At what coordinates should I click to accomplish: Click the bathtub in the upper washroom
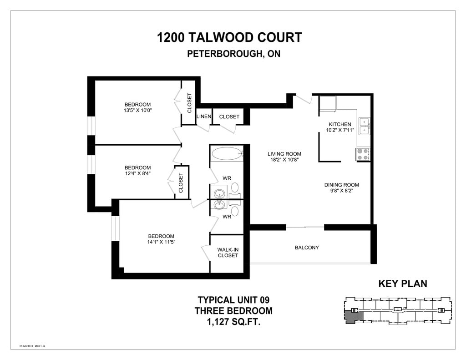coord(227,153)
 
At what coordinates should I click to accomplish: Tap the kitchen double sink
coord(364,126)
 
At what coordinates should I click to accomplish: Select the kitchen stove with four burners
coord(363,154)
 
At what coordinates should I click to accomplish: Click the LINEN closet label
coord(204,117)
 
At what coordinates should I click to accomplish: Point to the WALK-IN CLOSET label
coord(228,253)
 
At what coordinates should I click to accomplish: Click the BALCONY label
coord(307,248)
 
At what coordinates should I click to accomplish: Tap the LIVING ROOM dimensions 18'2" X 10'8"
coord(284,160)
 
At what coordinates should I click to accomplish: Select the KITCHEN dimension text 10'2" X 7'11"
coord(340,130)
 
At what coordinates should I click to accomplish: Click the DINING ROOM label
coord(341,185)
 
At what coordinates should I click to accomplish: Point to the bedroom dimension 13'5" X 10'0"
coord(138,110)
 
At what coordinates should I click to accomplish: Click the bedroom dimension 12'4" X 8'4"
coord(138,173)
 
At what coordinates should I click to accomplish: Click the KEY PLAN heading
coord(403,284)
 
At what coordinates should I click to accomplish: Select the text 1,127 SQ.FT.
coord(233,322)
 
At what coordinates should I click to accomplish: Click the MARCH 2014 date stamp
coord(32,346)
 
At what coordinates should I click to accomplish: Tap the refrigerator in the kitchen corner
coord(328,103)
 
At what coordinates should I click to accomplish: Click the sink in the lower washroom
coord(220,204)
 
